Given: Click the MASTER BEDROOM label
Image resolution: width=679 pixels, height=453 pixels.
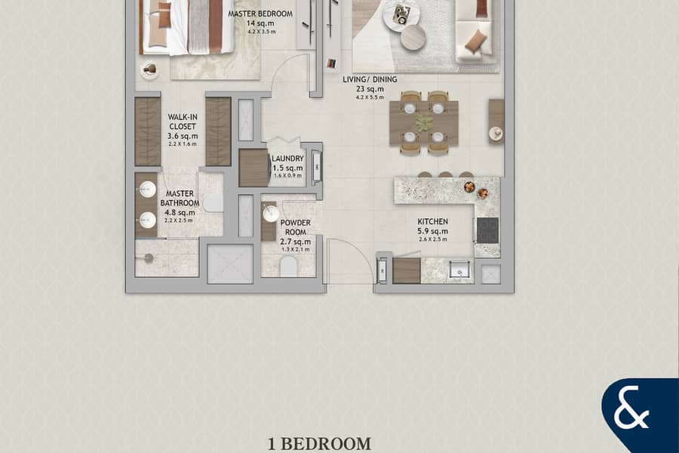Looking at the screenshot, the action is click(x=260, y=14).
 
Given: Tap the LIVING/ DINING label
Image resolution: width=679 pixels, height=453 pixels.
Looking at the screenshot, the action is click(x=370, y=79).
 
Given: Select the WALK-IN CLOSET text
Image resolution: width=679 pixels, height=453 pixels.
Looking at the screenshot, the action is click(x=183, y=122).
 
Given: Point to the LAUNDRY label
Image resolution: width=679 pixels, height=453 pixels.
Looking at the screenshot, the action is click(x=287, y=159).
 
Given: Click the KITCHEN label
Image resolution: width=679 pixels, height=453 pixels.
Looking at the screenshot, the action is click(x=432, y=221).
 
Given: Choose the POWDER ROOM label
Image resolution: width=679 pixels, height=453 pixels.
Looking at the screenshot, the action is click(x=295, y=227).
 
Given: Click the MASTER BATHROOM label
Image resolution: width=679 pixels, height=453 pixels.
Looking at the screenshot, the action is click(x=180, y=198).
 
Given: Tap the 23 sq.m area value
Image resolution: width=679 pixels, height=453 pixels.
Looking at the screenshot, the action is click(x=370, y=89).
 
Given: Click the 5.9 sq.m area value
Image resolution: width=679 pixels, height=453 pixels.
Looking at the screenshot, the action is click(x=432, y=231).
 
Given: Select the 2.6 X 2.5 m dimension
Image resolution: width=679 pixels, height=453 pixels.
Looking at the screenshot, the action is click(x=432, y=239).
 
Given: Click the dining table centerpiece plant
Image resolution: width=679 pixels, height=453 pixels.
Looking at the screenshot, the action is click(x=424, y=122).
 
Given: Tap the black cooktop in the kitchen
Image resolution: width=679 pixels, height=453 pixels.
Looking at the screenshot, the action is click(x=487, y=230).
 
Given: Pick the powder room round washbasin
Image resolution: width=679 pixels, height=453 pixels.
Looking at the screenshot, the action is click(x=271, y=214).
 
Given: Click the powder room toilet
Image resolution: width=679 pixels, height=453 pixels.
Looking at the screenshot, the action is click(x=288, y=267).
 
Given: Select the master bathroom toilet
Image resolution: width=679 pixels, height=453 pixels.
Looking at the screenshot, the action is click(x=214, y=203).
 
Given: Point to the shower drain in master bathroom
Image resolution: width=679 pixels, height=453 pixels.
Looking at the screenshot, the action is click(x=149, y=258).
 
